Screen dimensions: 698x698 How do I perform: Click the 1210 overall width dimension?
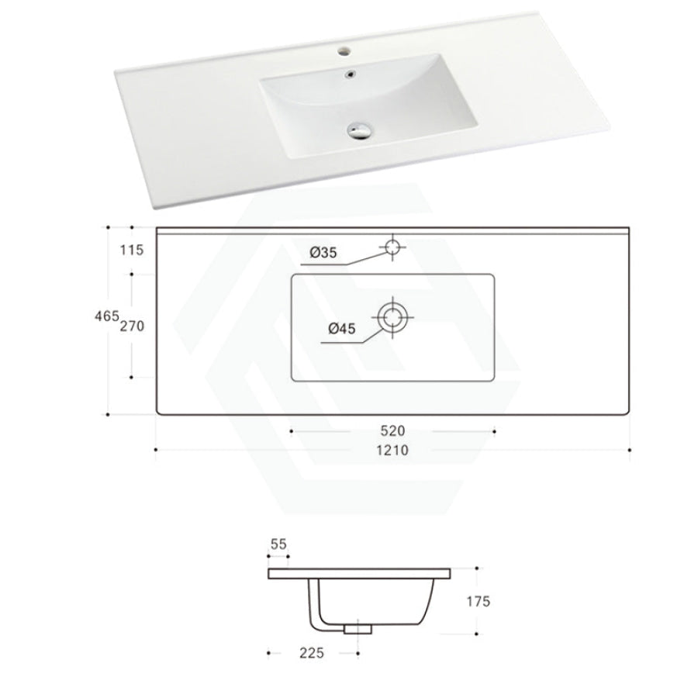pos(392,451)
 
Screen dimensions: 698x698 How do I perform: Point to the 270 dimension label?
pos(133,326)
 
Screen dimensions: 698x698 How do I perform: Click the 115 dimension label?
pos(133,250)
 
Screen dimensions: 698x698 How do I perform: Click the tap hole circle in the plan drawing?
pos(392,247)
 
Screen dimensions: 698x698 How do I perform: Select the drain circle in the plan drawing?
pos(392,316)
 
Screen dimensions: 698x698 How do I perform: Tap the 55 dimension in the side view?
pos(278,545)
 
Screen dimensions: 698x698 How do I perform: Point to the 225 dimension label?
pos(311,653)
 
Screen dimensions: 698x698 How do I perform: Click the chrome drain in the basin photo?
pos(359,130)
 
